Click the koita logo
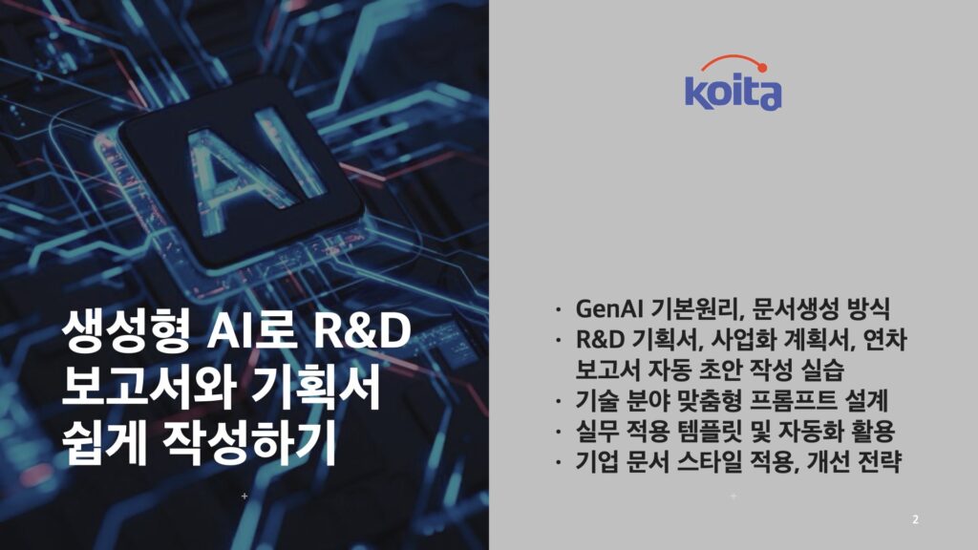point(733,83)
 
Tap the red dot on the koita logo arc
point(761,68)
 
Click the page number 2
point(915,518)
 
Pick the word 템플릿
point(710,431)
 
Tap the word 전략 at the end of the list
point(879,462)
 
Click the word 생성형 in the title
point(125,330)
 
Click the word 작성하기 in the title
point(249,443)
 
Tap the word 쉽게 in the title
point(104,443)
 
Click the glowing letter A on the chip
point(221,176)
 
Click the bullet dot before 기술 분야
point(559,401)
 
